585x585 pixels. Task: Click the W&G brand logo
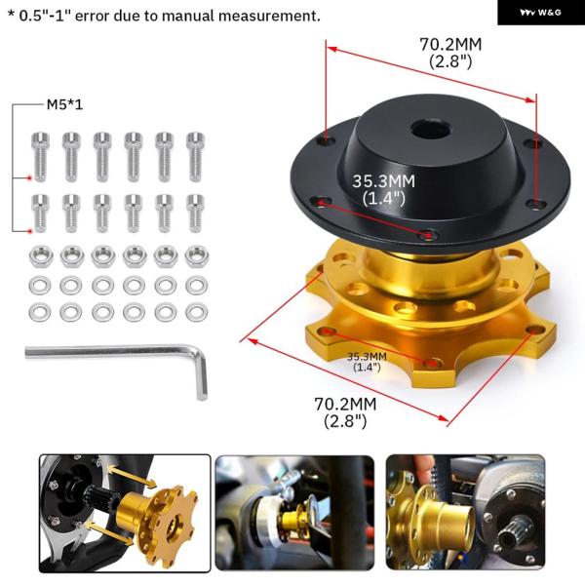tap(540, 13)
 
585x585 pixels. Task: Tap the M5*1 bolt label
tap(64, 105)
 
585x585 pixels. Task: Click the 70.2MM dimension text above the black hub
tap(450, 45)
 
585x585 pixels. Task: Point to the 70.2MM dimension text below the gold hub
tap(345, 404)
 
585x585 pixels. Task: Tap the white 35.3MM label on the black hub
tap(383, 181)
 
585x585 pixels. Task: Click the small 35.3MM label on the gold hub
tap(367, 357)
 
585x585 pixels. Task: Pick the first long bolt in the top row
tap(40, 157)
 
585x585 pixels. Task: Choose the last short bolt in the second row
tap(196, 213)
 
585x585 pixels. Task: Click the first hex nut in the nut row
tap(41, 256)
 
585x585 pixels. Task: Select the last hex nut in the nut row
tap(197, 256)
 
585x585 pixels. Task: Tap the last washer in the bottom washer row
tap(197, 313)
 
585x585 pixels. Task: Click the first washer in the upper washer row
tap(40, 286)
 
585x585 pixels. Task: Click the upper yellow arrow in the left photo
tap(132, 477)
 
